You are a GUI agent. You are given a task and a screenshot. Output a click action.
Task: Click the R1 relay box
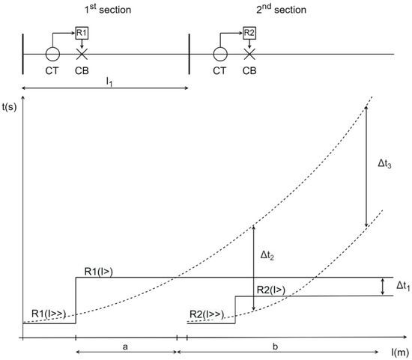coord(82,33)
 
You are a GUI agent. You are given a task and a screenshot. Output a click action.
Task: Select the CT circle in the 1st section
coord(52,55)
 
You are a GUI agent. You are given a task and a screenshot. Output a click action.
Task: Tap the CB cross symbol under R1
coord(82,55)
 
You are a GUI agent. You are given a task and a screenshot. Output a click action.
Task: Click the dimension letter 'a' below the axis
coord(126,347)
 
